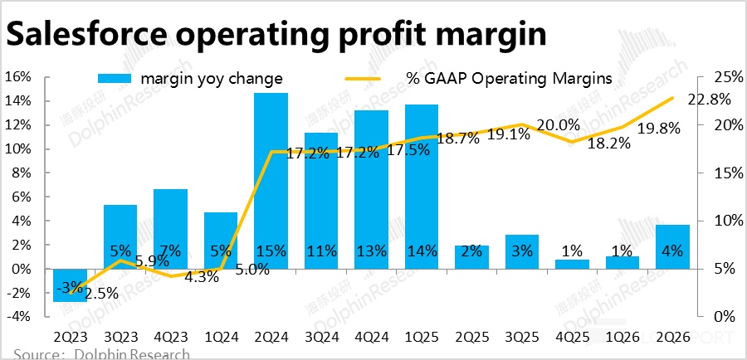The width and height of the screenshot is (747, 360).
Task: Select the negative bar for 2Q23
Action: coord(70,285)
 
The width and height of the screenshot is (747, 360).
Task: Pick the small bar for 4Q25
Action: coord(572,265)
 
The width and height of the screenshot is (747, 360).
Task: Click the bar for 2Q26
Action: coord(672,247)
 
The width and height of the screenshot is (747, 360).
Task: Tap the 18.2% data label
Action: coord(608,142)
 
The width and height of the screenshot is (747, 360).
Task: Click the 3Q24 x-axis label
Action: coord(321,338)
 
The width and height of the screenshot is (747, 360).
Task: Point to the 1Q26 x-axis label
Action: coord(622,338)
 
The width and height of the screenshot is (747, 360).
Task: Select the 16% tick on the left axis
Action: coord(17,77)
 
